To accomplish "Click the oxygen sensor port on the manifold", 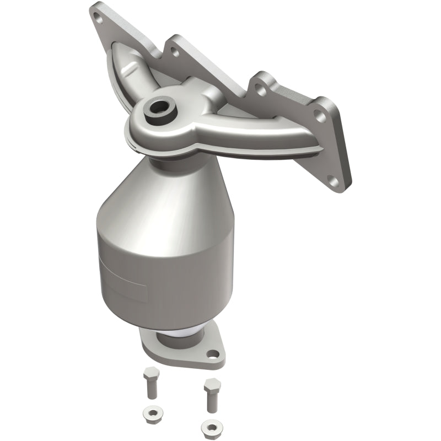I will click(160, 107).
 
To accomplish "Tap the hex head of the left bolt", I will click(150, 376).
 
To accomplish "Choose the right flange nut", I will click(209, 426).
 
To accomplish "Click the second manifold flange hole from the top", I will click(174, 53).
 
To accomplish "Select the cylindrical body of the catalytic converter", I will click(165, 276).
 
